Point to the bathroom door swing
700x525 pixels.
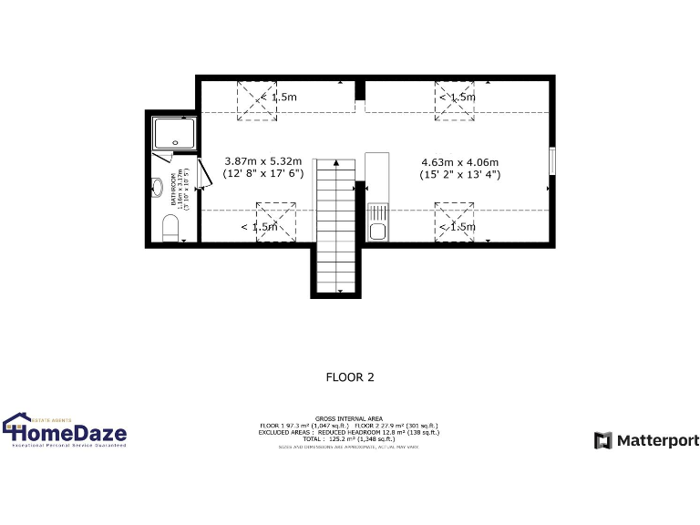(202, 174)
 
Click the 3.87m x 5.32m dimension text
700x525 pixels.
(262, 161)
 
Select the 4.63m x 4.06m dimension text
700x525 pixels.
(459, 161)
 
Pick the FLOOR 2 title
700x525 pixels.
(350, 376)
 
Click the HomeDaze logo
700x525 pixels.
(66, 431)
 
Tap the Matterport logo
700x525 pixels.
(647, 441)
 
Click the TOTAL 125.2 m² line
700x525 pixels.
(350, 437)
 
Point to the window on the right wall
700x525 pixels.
(551, 160)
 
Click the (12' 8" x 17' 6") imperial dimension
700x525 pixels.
(262, 172)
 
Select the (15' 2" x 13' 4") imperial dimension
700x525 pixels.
(459, 174)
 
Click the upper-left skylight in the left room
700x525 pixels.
(256, 100)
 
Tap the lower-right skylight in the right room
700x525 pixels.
(454, 223)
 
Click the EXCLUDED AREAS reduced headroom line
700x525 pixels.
(350, 431)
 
